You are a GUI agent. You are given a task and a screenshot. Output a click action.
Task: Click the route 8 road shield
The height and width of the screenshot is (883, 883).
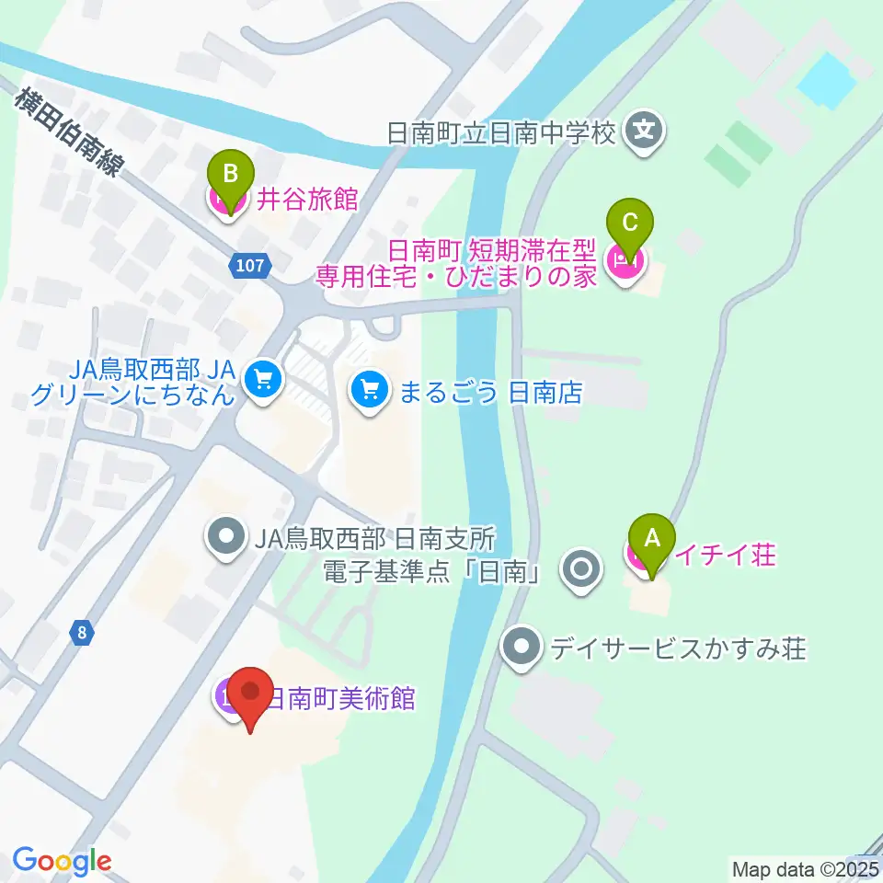pyautogui.click(x=83, y=633)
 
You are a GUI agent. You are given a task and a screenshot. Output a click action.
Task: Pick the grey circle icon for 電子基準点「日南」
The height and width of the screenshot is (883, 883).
pyautogui.click(x=582, y=570)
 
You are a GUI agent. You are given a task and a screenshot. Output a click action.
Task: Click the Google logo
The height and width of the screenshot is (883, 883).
pyautogui.click(x=62, y=860)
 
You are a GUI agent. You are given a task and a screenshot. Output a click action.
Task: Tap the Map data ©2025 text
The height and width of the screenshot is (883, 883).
pyautogui.click(x=805, y=868)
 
